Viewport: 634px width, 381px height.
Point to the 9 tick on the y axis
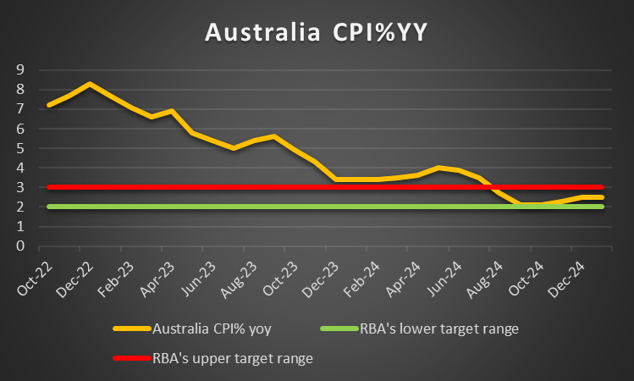tap(19, 69)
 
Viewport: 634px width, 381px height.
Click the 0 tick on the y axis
tap(19, 246)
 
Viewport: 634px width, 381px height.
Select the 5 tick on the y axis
tap(19, 148)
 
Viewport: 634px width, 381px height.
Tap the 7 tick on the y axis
tap(19, 109)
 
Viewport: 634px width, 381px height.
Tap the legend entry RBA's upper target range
tap(232, 358)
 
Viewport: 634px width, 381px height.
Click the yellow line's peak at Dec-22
tap(90, 84)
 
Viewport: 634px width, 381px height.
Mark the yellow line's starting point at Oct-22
tap(49, 105)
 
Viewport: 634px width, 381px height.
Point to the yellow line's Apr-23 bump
tap(172, 111)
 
